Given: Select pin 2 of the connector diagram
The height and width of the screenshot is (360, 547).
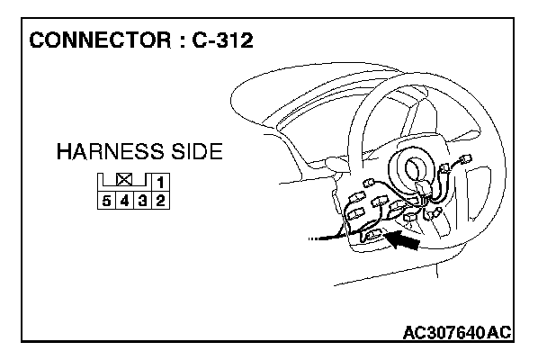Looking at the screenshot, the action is [160, 200].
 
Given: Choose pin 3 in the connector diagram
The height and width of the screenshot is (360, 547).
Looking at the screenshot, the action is [143, 200].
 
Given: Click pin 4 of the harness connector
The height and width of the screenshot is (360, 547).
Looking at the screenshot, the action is [125, 200].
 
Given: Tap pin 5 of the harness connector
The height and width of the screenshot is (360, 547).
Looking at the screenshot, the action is [107, 200].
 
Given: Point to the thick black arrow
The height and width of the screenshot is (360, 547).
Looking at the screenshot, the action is [405, 240].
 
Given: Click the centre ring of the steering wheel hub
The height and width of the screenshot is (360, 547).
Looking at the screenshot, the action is [417, 168].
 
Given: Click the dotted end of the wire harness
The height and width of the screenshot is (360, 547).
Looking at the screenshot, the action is [314, 239].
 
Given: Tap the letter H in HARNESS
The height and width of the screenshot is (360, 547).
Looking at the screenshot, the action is [64, 151].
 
